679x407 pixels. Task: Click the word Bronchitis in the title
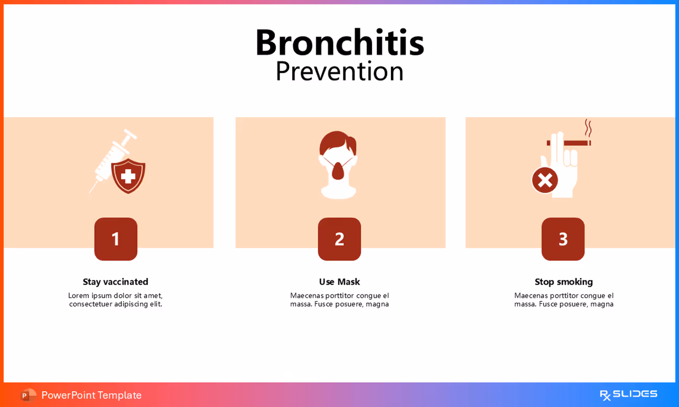[339, 42]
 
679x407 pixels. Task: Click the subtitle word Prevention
[339, 72]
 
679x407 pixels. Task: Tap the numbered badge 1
[116, 239]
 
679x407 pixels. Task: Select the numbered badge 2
[339, 239]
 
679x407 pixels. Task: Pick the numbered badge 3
[563, 239]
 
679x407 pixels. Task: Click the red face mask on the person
[338, 168]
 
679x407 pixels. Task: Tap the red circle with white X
[545, 180]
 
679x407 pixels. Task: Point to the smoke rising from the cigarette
[588, 128]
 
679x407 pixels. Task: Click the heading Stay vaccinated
[116, 281]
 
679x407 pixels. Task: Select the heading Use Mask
[339, 281]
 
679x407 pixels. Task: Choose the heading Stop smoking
[563, 281]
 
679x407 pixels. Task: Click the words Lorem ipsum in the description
[89, 295]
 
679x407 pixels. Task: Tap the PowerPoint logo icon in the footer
[28, 395]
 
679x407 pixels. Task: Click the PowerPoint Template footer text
[91, 395]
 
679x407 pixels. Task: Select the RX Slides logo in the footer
[628, 394]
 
